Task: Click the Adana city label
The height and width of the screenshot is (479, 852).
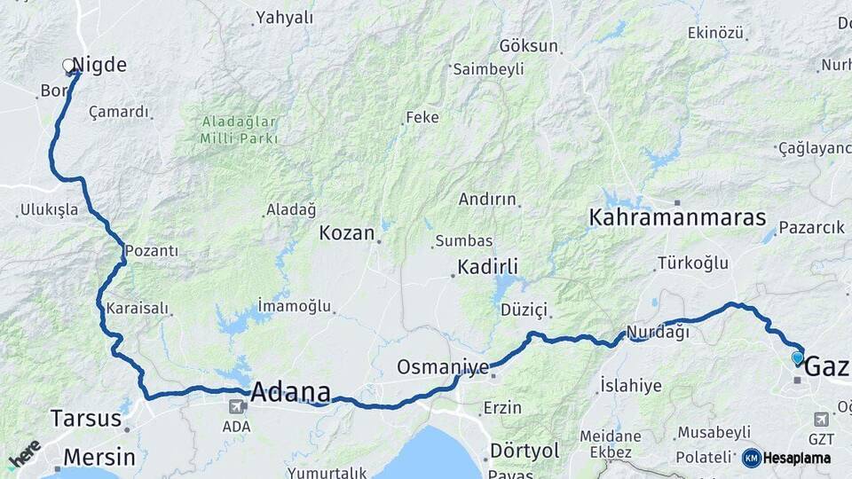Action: pyautogui.click(x=291, y=391)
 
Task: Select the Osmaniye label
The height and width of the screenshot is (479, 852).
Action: pyautogui.click(x=443, y=366)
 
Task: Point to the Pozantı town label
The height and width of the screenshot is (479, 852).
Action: pyautogui.click(x=152, y=251)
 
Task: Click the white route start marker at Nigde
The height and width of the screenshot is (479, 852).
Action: pyautogui.click(x=68, y=65)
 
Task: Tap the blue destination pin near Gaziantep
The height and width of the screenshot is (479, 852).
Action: pyautogui.click(x=797, y=358)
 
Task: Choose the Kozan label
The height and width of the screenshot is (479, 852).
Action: pyautogui.click(x=347, y=233)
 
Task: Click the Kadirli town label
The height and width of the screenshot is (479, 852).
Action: pyautogui.click(x=487, y=266)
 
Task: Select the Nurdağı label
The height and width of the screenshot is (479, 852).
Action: pyautogui.click(x=658, y=333)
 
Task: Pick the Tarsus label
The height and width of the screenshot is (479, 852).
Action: pyautogui.click(x=85, y=418)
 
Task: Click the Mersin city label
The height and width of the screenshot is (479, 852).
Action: pyautogui.click(x=93, y=458)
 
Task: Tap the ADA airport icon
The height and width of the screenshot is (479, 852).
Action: pyautogui.click(x=237, y=407)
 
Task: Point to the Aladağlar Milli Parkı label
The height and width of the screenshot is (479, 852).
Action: pyautogui.click(x=239, y=130)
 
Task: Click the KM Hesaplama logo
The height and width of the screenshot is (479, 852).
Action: pyautogui.click(x=786, y=458)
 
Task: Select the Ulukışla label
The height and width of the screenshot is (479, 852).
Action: pyautogui.click(x=48, y=211)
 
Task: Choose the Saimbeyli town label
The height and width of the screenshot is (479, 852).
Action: pyautogui.click(x=489, y=69)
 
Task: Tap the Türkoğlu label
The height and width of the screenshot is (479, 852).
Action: pyautogui.click(x=692, y=263)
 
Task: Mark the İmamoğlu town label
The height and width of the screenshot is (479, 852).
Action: pyautogui.click(x=294, y=306)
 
